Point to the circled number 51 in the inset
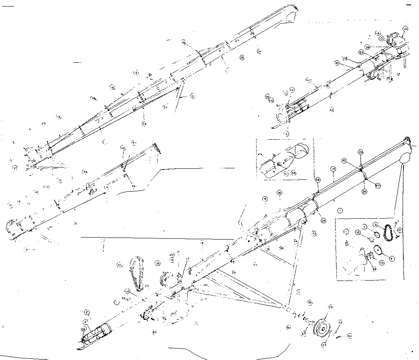(x=400, y=230)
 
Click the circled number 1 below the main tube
(x=340, y=211)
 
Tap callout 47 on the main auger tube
(x=378, y=186)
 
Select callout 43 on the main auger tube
(x=344, y=161)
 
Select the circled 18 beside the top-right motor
(x=405, y=29)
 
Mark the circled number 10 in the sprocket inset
(x=381, y=262)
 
